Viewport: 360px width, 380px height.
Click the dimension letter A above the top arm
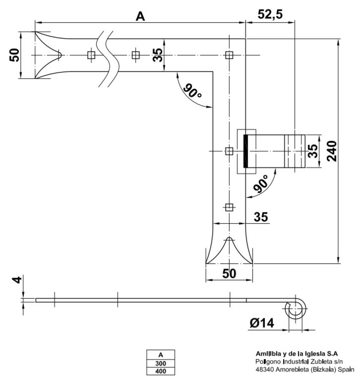coord(140,16)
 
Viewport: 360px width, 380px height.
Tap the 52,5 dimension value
coord(270,14)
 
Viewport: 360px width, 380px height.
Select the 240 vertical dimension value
coord(332,151)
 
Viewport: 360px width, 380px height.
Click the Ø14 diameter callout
coord(262,323)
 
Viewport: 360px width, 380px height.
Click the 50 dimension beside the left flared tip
coord(15,55)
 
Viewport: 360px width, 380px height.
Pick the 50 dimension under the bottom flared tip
coord(229,274)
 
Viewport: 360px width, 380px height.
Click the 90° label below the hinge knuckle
coord(261,183)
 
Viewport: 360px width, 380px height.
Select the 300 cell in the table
coord(161,364)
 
